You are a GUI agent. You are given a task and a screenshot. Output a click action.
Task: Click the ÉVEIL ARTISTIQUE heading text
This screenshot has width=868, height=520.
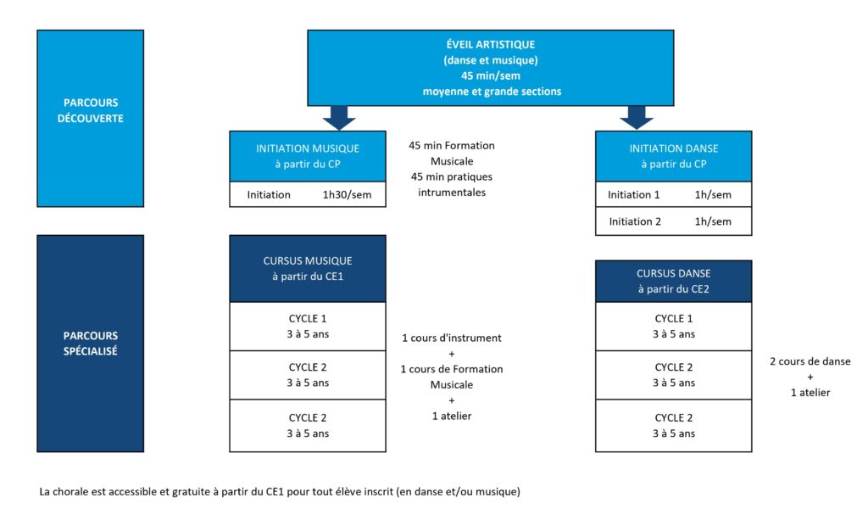(x=491, y=44)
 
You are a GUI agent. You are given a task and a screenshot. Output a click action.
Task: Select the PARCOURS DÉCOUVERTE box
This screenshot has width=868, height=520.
(x=90, y=119)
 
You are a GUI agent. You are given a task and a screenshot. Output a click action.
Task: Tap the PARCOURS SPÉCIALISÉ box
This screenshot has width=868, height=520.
(x=90, y=344)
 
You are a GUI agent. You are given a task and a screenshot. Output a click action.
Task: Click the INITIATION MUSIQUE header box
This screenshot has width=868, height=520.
(x=308, y=156)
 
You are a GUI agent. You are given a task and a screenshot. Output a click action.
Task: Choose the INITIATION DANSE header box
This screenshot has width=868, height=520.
(x=674, y=156)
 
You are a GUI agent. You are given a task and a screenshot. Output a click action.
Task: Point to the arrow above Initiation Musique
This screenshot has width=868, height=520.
(x=339, y=118)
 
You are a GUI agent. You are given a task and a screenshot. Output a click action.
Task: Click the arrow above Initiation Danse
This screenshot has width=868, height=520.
(x=637, y=118)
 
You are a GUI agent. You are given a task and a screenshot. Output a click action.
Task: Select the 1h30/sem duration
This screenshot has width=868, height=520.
(x=347, y=195)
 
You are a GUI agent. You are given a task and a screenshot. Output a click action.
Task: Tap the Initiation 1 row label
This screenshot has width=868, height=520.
(x=634, y=195)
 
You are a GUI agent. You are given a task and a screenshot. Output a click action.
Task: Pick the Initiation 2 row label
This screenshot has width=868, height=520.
(x=635, y=221)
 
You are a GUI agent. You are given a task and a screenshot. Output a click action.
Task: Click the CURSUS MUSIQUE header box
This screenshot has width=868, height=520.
(x=308, y=269)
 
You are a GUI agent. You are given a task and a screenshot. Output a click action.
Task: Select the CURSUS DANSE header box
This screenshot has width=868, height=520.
(x=674, y=282)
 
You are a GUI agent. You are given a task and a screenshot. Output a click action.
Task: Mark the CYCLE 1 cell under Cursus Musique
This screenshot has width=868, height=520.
(x=308, y=327)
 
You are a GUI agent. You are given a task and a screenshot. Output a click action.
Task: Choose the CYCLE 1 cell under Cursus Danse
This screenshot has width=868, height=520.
(x=674, y=327)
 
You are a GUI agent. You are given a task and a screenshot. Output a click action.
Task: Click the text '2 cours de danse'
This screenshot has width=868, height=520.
(x=810, y=361)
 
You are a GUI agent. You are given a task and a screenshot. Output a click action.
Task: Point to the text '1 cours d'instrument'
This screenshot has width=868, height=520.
(x=452, y=338)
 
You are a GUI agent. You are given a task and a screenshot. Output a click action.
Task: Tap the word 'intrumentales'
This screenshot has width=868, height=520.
(x=452, y=193)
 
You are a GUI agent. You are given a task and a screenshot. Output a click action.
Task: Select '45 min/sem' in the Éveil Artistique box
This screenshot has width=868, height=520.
(x=491, y=75)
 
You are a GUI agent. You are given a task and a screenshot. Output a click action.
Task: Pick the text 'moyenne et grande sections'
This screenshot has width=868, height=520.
(x=492, y=92)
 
